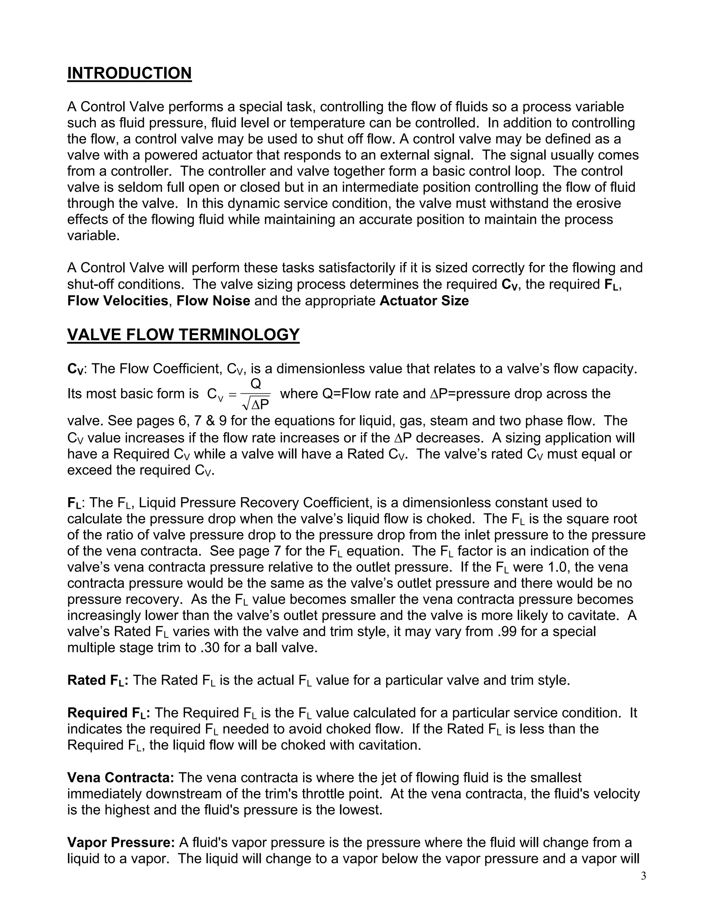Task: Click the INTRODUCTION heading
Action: coord(129,73)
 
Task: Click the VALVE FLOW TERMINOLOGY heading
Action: coord(183,335)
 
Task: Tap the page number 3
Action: coord(643,876)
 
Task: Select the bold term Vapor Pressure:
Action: coord(121,842)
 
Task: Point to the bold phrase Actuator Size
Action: coord(424,301)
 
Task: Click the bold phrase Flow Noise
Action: coord(213,301)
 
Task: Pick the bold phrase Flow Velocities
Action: coord(117,301)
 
